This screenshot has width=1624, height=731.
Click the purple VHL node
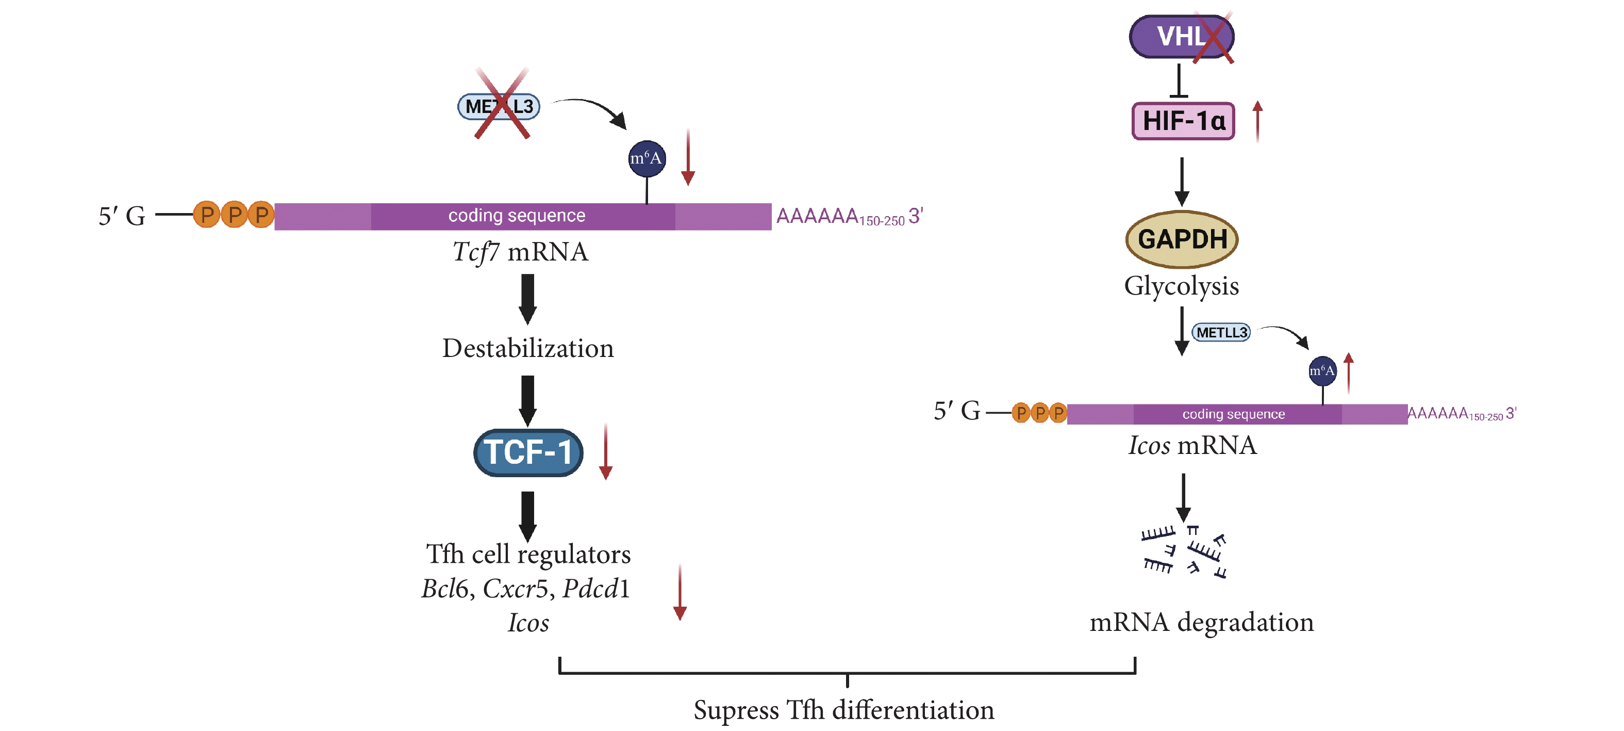1180,37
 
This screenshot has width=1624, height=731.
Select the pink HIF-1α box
1183,121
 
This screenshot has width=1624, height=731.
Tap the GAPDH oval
1182,239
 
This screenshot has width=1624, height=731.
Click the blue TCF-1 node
528,452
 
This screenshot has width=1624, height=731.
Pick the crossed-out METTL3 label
499,106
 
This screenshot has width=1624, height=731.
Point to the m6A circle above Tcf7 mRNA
647,158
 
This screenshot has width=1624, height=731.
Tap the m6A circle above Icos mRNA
1322,371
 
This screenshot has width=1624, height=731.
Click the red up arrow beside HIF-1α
1257,121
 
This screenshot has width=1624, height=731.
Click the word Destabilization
528,348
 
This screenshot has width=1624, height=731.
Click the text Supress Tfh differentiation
843,709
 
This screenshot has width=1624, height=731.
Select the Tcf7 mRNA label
520,252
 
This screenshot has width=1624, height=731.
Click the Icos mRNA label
1192,445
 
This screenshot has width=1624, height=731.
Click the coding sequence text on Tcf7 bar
516,216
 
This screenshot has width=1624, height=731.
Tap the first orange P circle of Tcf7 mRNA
206,215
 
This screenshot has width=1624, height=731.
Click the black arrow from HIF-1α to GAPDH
1182,181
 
